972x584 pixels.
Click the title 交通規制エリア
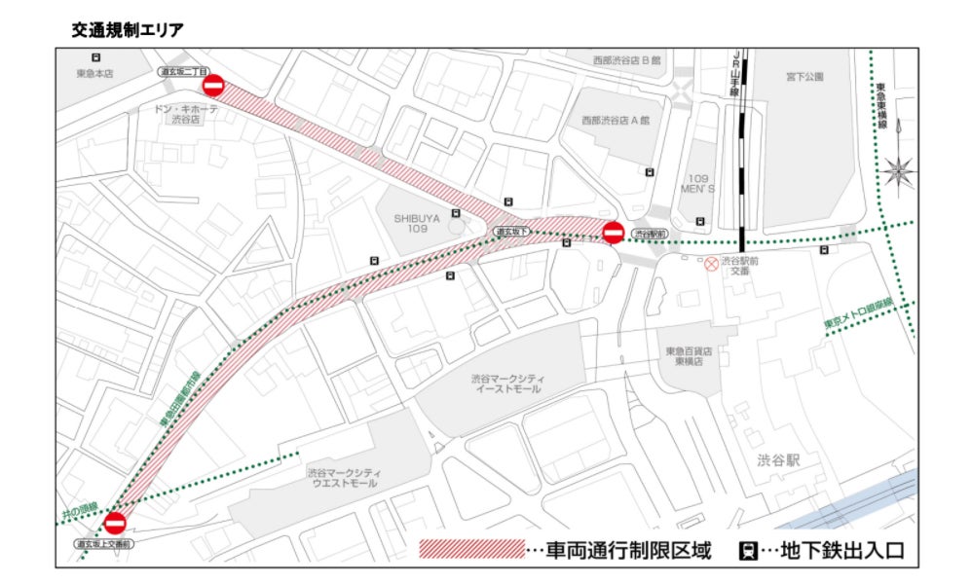click(x=128, y=30)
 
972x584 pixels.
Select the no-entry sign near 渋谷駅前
click(x=613, y=234)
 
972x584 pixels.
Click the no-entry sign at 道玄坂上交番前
click(x=116, y=523)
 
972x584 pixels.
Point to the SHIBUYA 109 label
click(x=417, y=225)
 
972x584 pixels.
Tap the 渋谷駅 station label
click(x=779, y=460)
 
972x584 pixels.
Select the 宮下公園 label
click(x=804, y=76)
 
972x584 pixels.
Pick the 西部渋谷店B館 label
click(x=626, y=60)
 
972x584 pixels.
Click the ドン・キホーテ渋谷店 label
click(x=185, y=115)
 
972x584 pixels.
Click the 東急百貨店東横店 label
click(x=690, y=355)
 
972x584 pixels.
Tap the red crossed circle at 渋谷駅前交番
click(x=712, y=263)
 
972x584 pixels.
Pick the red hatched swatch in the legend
click(x=471, y=550)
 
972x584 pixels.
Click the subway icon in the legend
click(x=748, y=551)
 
